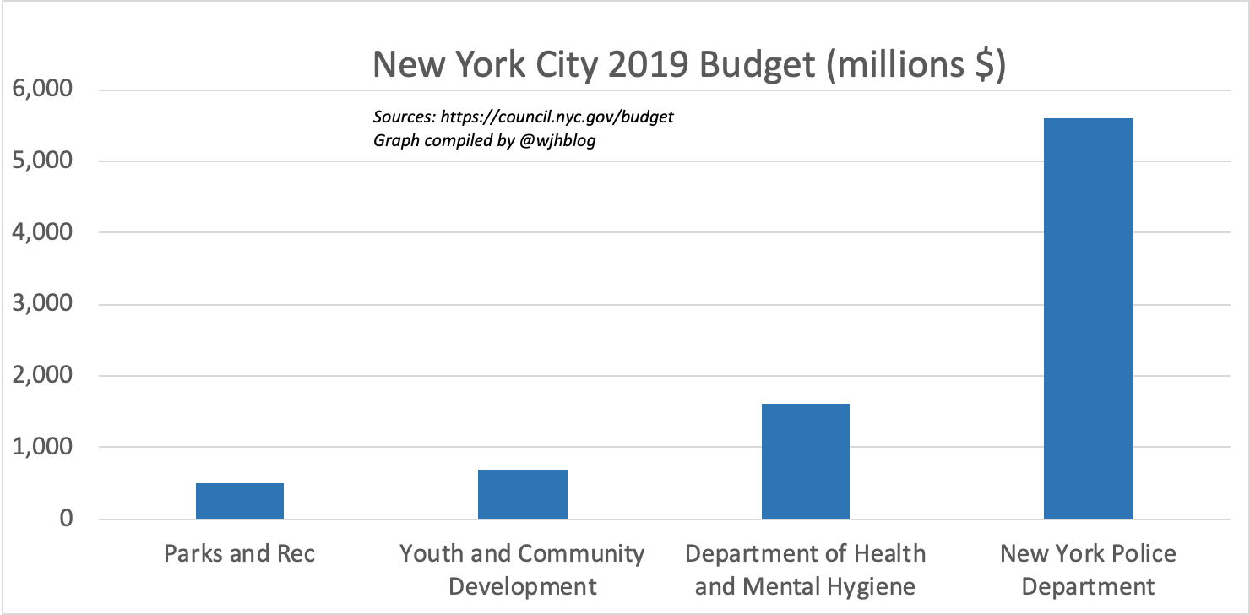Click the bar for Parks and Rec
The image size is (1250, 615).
tap(240, 501)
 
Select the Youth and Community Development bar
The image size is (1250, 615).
tap(522, 494)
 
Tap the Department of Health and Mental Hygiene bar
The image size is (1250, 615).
tap(805, 461)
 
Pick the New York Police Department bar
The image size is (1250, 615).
tap(1088, 318)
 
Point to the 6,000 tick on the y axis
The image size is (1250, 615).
tap(40, 90)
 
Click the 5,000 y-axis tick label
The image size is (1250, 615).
tap(40, 161)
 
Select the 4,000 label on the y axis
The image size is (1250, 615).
tap(40, 232)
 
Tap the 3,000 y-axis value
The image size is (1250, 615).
tap(40, 304)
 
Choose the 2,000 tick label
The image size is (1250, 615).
tap(40, 375)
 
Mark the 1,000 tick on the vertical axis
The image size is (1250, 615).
tap(40, 447)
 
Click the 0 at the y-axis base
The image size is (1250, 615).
tap(66, 519)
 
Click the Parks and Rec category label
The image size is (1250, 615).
tap(240, 554)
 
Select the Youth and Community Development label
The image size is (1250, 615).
tap(522, 569)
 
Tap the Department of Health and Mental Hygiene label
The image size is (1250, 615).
tap(805, 569)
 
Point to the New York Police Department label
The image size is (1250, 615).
tap(1088, 569)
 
